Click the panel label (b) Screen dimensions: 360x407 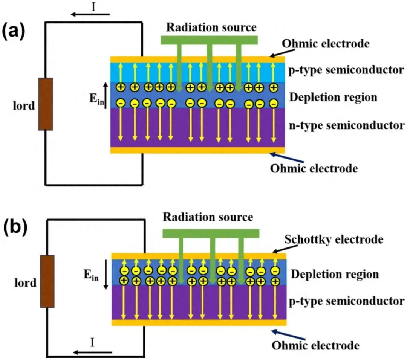[14, 229]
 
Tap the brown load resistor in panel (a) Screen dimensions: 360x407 [46, 104]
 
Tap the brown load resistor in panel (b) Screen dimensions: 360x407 [47, 281]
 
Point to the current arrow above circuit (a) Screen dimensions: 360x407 [91, 15]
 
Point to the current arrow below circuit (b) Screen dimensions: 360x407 [93, 352]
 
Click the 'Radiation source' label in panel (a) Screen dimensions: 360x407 [211, 27]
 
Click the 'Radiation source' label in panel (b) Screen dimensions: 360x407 [208, 217]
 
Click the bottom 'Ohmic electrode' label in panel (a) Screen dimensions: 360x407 [314, 168]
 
